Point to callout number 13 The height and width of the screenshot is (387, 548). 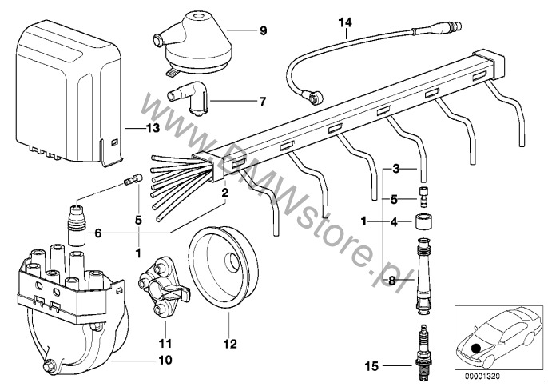152,128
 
